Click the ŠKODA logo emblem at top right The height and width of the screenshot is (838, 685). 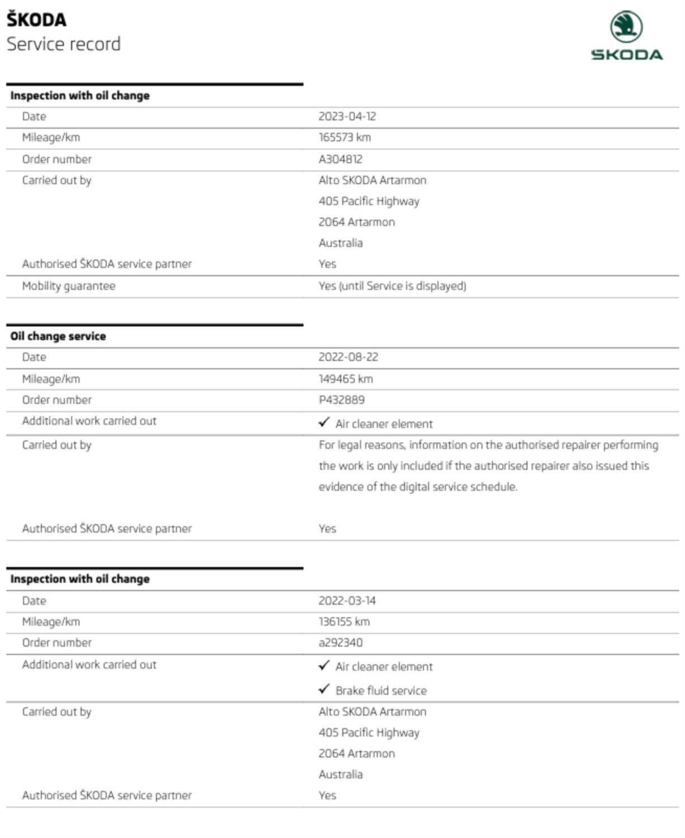tap(626, 26)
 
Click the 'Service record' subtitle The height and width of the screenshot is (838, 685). tap(63, 44)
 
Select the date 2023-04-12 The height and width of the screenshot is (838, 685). tap(347, 116)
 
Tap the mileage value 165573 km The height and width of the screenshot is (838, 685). tap(344, 137)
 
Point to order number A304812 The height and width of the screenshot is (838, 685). tap(340, 159)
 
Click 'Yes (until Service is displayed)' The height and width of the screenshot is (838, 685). tap(392, 286)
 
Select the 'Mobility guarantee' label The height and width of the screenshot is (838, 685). tap(68, 286)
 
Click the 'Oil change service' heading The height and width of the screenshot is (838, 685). tap(58, 336)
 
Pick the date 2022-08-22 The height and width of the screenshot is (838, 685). tap(348, 357)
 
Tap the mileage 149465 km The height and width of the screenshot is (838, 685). tap(345, 379)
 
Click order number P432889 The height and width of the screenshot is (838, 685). tap(341, 400)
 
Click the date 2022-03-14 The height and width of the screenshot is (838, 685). tap(347, 601)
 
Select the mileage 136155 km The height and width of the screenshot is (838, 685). tap(344, 622)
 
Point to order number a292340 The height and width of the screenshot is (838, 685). tap(340, 642)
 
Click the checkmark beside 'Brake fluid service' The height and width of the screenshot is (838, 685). tap(324, 689)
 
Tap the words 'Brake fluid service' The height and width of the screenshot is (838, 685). tap(381, 691)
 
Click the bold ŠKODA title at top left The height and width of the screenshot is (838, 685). tap(36, 20)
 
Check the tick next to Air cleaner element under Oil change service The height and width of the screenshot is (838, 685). tap(324, 422)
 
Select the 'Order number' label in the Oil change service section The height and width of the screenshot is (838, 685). tap(56, 400)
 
